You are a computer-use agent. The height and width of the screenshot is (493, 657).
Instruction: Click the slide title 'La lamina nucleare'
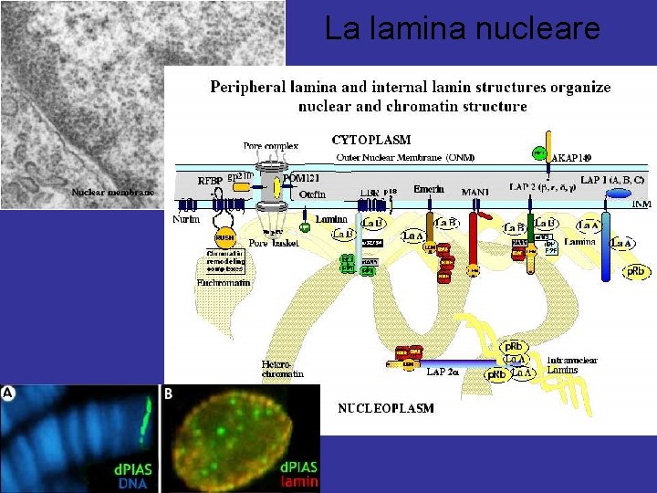pyautogui.click(x=463, y=29)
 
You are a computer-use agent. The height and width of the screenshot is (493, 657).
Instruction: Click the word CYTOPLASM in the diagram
pyautogui.click(x=370, y=140)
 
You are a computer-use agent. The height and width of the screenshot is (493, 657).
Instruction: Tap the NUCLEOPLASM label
pyautogui.click(x=386, y=408)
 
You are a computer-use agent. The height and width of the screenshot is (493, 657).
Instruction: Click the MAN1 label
pyautogui.click(x=475, y=191)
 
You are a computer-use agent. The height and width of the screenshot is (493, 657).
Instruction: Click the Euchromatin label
pyautogui.click(x=223, y=283)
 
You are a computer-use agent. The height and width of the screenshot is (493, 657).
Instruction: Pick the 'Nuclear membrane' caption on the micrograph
pyautogui.click(x=114, y=193)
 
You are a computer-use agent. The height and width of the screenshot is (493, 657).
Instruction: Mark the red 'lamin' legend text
pyautogui.click(x=299, y=482)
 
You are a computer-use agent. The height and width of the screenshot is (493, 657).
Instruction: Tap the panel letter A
pyautogui.click(x=8, y=393)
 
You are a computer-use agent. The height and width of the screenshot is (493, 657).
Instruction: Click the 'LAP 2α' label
pyautogui.click(x=444, y=372)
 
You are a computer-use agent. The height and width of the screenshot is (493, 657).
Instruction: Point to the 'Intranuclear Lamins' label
pyautogui.click(x=572, y=365)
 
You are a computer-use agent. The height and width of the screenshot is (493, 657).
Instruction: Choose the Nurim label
pyautogui.click(x=186, y=218)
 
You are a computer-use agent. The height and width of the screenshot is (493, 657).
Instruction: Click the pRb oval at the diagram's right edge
pyautogui.click(x=635, y=271)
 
